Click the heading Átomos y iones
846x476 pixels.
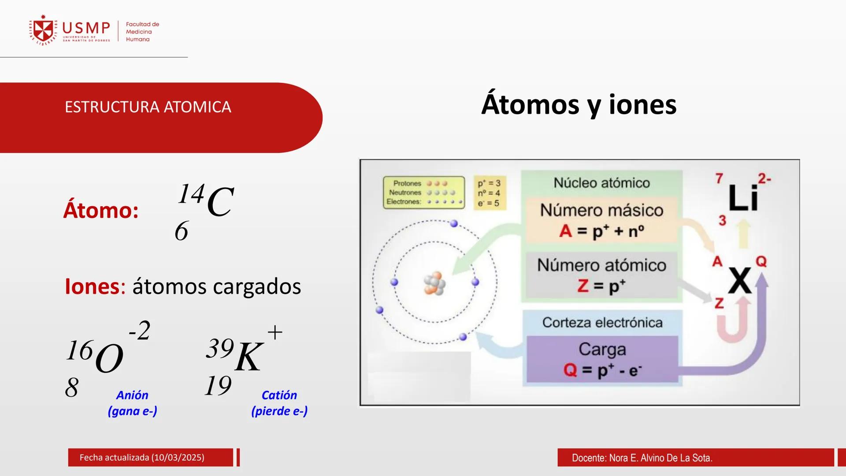[x=579, y=105]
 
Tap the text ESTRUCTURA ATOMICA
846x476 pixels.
[x=148, y=107]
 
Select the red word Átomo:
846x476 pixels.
[x=101, y=210]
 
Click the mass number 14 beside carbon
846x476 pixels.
[x=191, y=194]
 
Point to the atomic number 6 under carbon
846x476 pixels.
[x=182, y=231]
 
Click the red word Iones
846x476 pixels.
[x=92, y=286]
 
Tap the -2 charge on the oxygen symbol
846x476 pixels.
[x=140, y=331]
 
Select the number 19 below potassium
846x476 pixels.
[x=218, y=386]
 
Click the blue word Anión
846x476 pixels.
[x=132, y=395]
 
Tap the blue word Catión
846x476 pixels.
[x=279, y=395]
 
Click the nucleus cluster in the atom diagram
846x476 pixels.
[x=434, y=283]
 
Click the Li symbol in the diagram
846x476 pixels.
[x=743, y=198]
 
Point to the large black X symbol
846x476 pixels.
[x=739, y=280]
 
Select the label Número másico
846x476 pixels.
[x=601, y=210]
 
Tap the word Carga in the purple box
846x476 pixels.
[x=602, y=350]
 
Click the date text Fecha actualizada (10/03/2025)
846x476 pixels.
[x=142, y=457]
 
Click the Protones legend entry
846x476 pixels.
[x=407, y=183]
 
